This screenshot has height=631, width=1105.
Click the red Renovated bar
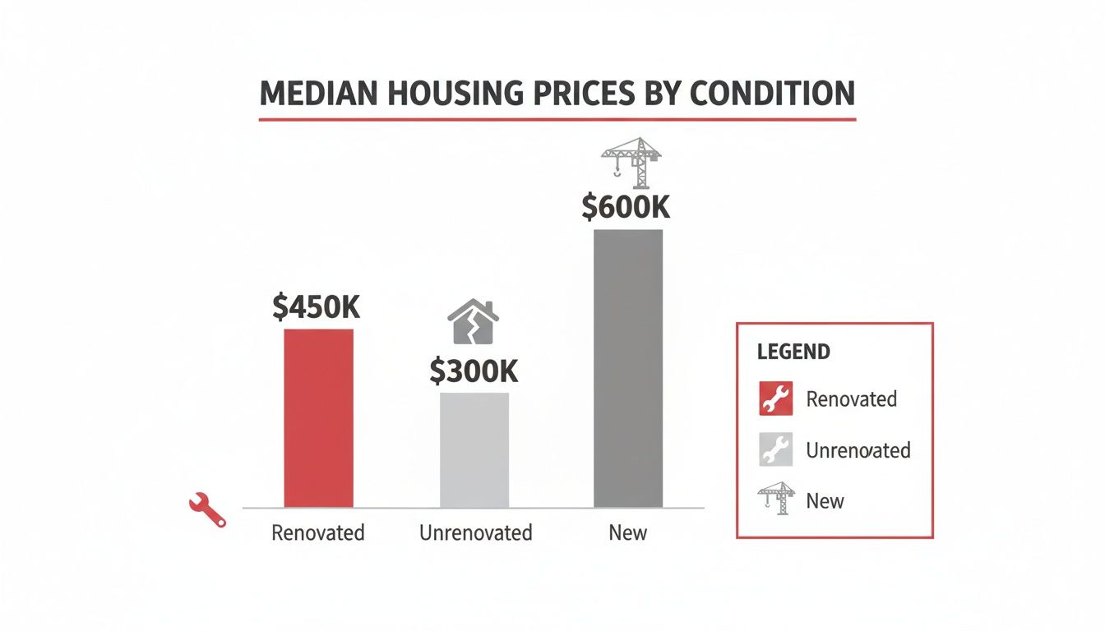tap(318, 418)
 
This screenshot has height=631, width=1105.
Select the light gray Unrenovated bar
tap(474, 450)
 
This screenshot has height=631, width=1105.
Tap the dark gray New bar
tap(628, 368)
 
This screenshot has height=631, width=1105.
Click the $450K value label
tap(317, 306)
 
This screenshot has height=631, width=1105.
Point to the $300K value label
tap(474, 371)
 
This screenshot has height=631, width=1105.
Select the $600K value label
tap(626, 207)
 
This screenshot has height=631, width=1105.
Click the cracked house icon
tap(473, 323)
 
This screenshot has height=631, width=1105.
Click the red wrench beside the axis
tap(206, 509)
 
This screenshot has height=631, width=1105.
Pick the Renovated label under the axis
tap(318, 532)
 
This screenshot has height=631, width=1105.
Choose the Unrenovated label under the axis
tap(475, 532)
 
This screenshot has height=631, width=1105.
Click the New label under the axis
tap(628, 532)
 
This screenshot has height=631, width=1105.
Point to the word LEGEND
tap(793, 352)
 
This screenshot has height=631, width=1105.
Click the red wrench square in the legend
tap(774, 398)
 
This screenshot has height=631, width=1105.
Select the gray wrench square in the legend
tap(774, 449)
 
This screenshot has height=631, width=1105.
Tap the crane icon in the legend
tap(775, 498)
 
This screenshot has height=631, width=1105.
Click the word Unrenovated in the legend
tap(858, 450)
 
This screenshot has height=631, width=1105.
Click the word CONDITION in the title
tap(772, 94)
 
